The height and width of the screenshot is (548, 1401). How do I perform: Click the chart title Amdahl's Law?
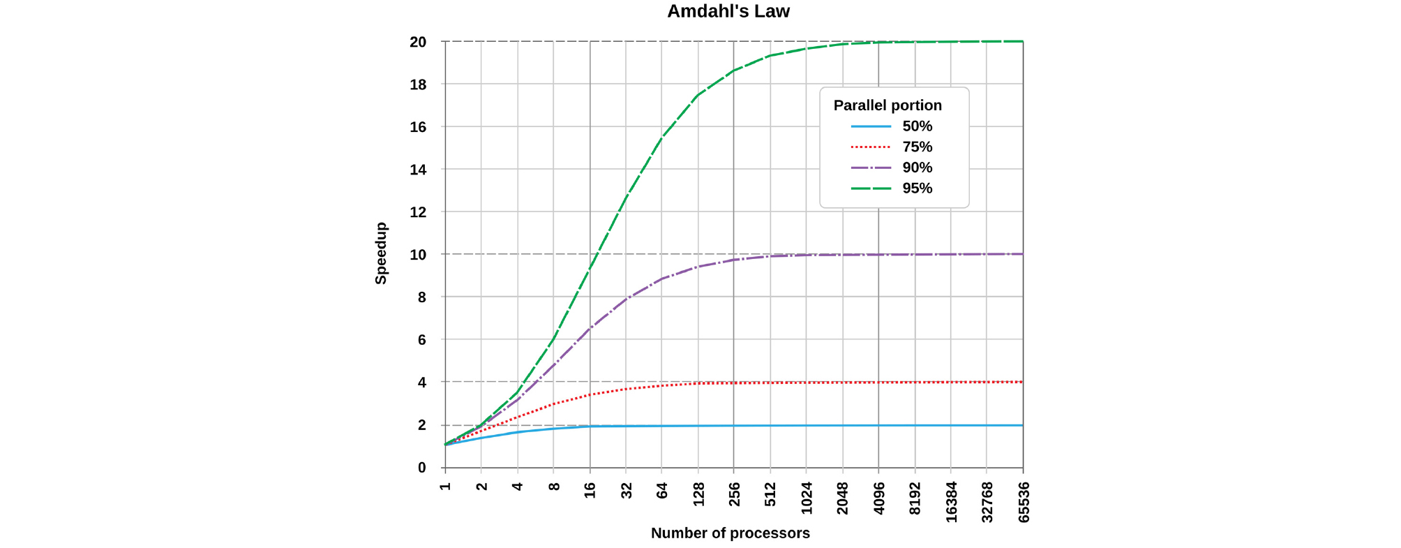click(728, 12)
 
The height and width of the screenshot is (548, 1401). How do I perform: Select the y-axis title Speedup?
click(381, 253)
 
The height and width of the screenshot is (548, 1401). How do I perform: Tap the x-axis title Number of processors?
click(730, 533)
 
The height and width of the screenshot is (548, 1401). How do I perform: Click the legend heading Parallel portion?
click(887, 105)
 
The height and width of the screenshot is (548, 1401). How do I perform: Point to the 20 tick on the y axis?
click(418, 43)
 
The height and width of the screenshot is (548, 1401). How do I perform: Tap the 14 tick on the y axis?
click(418, 170)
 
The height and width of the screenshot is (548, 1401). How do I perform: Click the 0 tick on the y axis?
click(421, 468)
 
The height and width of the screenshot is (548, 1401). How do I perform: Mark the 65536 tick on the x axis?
click(1024, 501)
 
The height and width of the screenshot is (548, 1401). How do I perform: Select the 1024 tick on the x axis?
click(807, 498)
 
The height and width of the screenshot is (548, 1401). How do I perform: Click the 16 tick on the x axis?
click(590, 490)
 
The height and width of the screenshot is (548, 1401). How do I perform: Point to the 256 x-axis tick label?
click(734, 494)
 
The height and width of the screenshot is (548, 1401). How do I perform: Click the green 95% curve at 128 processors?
click(698, 95)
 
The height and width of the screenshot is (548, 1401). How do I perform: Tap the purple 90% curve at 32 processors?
click(626, 299)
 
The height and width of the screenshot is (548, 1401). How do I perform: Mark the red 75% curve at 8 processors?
click(554, 403)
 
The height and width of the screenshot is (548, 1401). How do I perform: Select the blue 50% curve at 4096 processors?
click(878, 425)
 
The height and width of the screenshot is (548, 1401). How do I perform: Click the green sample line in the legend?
click(871, 188)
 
